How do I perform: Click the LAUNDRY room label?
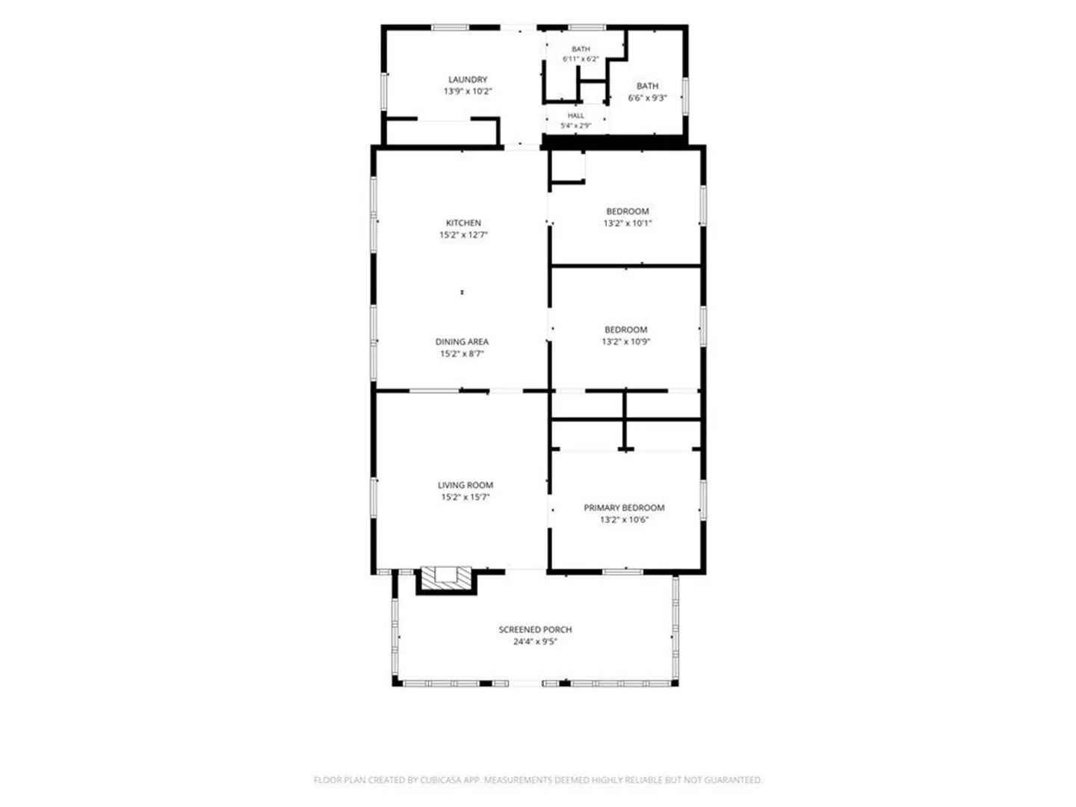468,79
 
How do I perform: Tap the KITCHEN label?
463,223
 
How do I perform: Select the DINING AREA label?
462,341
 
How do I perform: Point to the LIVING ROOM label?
466,485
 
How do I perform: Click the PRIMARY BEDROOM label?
624,507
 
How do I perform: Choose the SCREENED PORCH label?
535,630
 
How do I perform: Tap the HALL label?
576,116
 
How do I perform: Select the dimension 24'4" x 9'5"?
535,642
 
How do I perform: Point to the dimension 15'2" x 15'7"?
466,498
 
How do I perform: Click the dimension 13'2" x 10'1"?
628,223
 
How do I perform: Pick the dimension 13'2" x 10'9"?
626,342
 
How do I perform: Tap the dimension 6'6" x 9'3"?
648,98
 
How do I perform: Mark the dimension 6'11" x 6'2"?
581,59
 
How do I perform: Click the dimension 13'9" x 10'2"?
468,91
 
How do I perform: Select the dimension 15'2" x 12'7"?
463,235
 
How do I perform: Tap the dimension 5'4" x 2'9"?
576,126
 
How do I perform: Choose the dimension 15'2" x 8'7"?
462,353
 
